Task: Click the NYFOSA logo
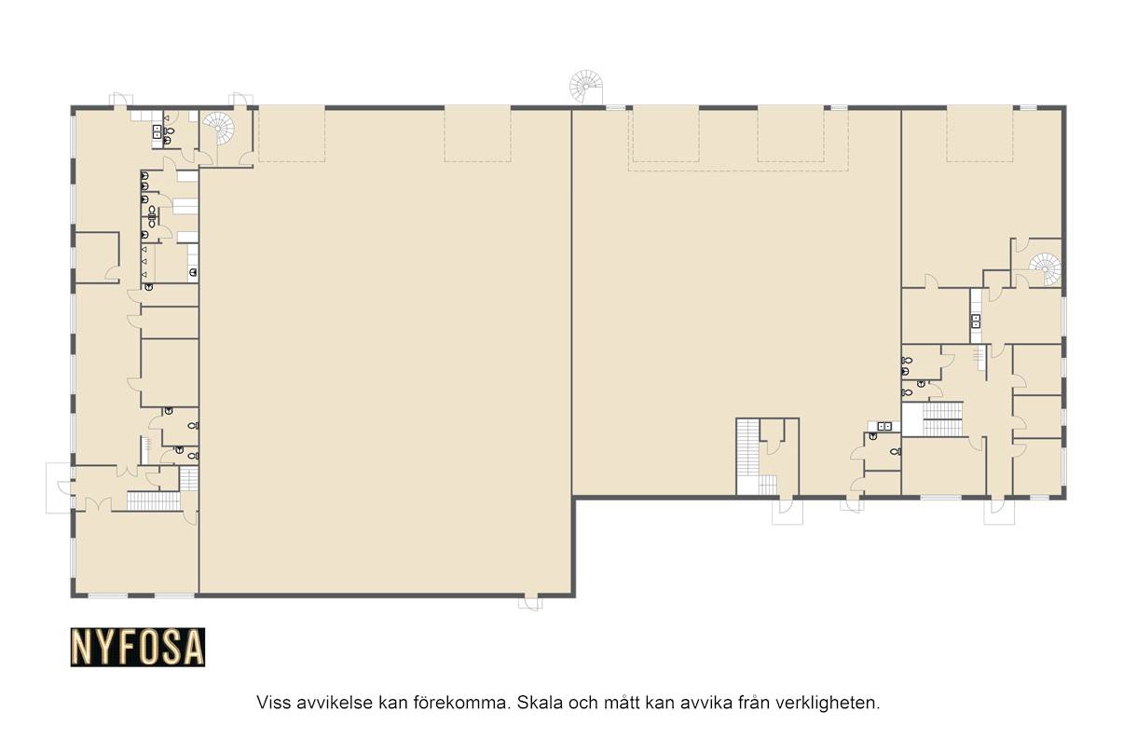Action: (138, 647)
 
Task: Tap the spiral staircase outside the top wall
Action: (586, 88)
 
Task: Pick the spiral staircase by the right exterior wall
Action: (1045, 268)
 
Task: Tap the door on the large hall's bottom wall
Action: (530, 603)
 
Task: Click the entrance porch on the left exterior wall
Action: (59, 487)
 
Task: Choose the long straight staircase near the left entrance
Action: (153, 500)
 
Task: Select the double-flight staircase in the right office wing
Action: (942, 419)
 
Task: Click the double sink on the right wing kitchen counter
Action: (976, 321)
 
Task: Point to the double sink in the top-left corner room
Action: (158, 131)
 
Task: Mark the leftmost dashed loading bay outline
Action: (292, 134)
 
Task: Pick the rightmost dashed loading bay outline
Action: (979, 134)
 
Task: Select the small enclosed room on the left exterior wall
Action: (97, 257)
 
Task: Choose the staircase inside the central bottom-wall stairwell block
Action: (747, 447)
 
